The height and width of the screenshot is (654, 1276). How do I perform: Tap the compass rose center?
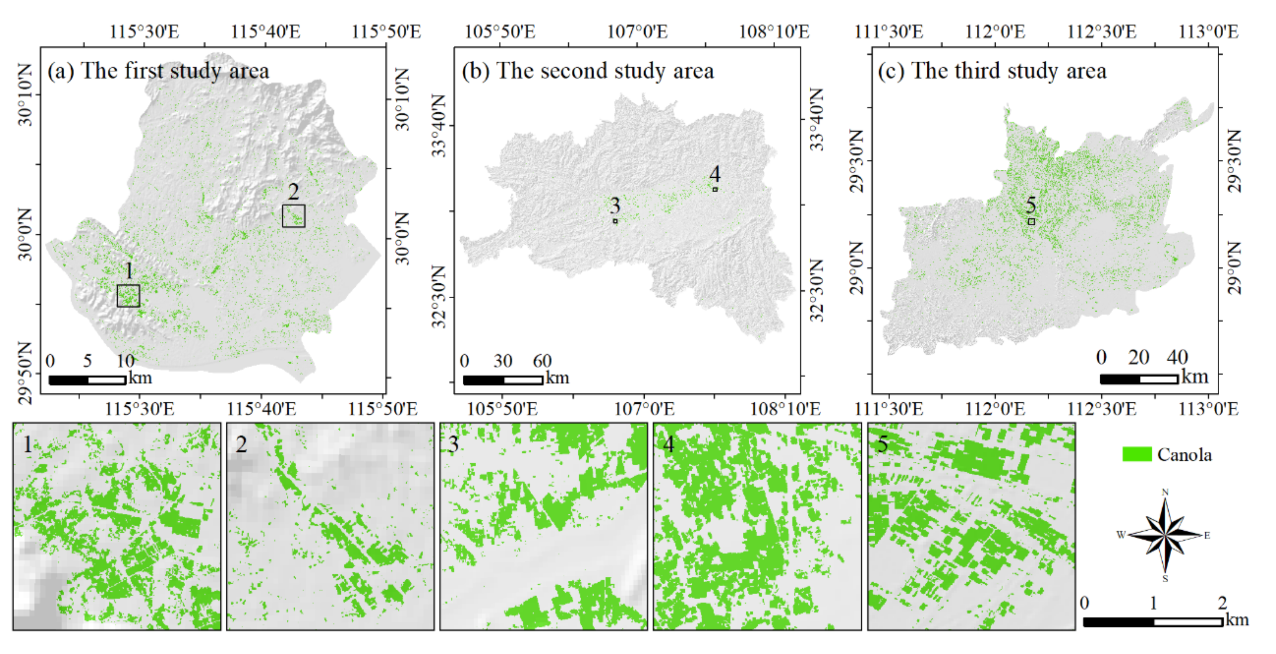pos(1165,535)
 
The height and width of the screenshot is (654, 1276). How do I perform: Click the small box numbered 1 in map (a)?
pos(128,296)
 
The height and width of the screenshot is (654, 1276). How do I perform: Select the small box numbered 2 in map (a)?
pos(293,216)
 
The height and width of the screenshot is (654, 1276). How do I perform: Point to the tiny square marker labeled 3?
pos(615,221)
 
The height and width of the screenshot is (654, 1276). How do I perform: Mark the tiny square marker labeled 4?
pos(715,189)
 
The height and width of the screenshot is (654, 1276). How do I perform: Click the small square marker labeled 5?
pos(1031,221)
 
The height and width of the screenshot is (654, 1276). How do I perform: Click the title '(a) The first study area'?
pos(158,71)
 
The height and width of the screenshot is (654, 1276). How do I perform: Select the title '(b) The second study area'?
pos(588,71)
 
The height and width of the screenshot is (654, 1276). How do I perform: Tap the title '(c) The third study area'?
pos(992,71)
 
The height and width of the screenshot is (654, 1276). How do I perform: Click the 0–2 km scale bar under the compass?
pos(1153,622)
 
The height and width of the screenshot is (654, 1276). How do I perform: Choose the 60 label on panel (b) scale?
pos(542,361)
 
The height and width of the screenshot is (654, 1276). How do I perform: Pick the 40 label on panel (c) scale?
pos(1177,357)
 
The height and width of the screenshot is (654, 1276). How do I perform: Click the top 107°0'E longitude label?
pos(638,32)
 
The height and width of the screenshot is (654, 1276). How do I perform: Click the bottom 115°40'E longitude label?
pos(261,409)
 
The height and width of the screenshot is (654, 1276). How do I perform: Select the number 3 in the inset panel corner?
pos(453,444)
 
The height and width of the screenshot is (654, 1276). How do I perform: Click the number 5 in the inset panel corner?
pos(882,444)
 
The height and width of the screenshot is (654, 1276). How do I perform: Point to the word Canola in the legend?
pos(1184,455)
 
